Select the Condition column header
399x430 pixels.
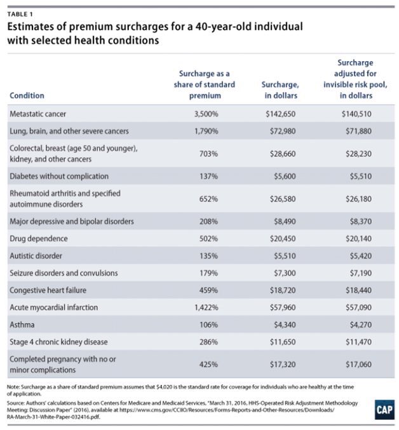click(27, 95)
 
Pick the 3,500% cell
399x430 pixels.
click(205, 114)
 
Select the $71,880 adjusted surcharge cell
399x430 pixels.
click(355, 131)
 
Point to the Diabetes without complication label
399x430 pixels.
click(58, 176)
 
